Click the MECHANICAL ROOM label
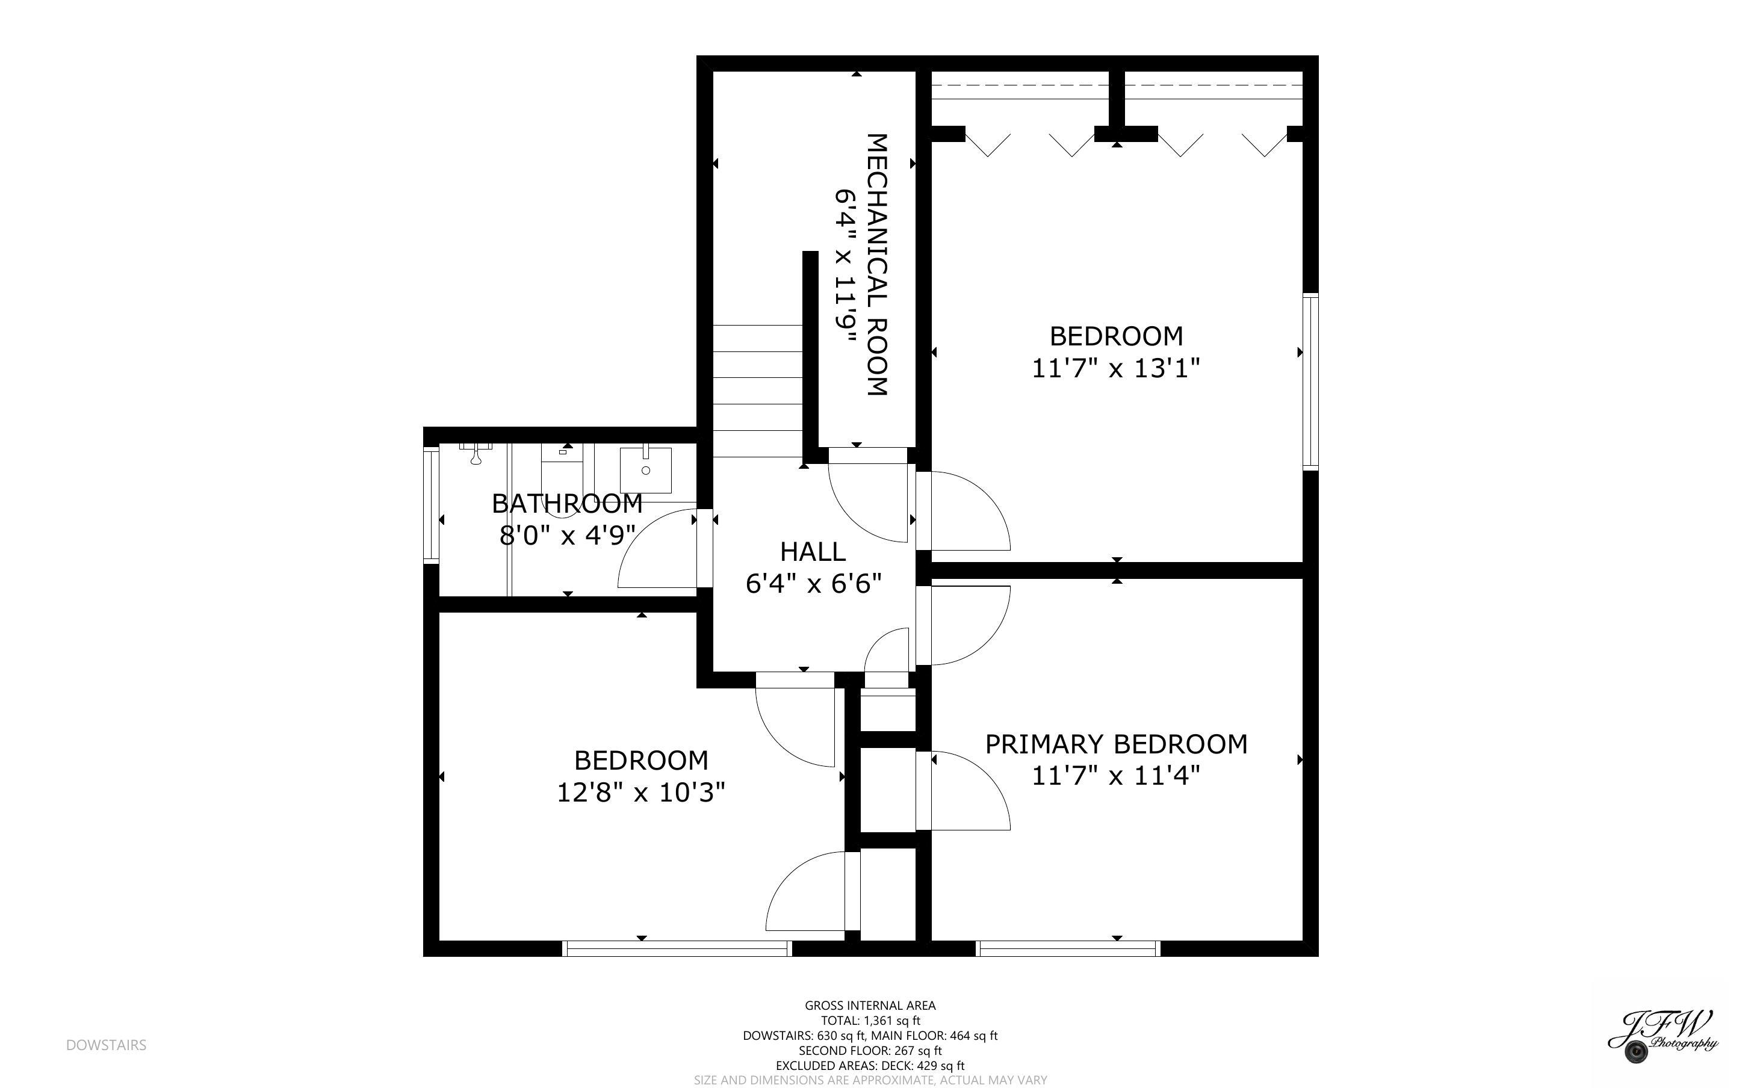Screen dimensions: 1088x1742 pos(876,264)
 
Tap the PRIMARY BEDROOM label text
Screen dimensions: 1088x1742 pos(1116,744)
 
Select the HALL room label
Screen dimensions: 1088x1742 pos(813,552)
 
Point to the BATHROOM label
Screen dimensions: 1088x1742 pos(567,504)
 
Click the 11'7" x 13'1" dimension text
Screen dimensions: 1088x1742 pos(1116,368)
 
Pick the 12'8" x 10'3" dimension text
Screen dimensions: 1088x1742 pos(641,793)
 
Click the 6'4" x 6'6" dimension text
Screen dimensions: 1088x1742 pos(813,584)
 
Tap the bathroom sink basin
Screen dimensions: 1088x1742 pos(645,465)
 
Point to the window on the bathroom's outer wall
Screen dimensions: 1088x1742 pos(431,504)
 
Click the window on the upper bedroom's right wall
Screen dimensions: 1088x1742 pos(1311,382)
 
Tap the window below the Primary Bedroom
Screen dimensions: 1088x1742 pos(1068,949)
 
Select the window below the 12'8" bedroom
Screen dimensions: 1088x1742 pos(677,949)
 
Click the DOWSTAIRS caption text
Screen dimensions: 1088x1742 pos(107,1045)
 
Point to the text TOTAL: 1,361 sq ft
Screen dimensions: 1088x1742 pos(870,1021)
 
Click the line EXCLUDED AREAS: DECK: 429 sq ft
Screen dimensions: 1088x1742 pos(870,1066)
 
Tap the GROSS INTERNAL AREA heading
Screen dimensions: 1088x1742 pos(870,1005)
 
